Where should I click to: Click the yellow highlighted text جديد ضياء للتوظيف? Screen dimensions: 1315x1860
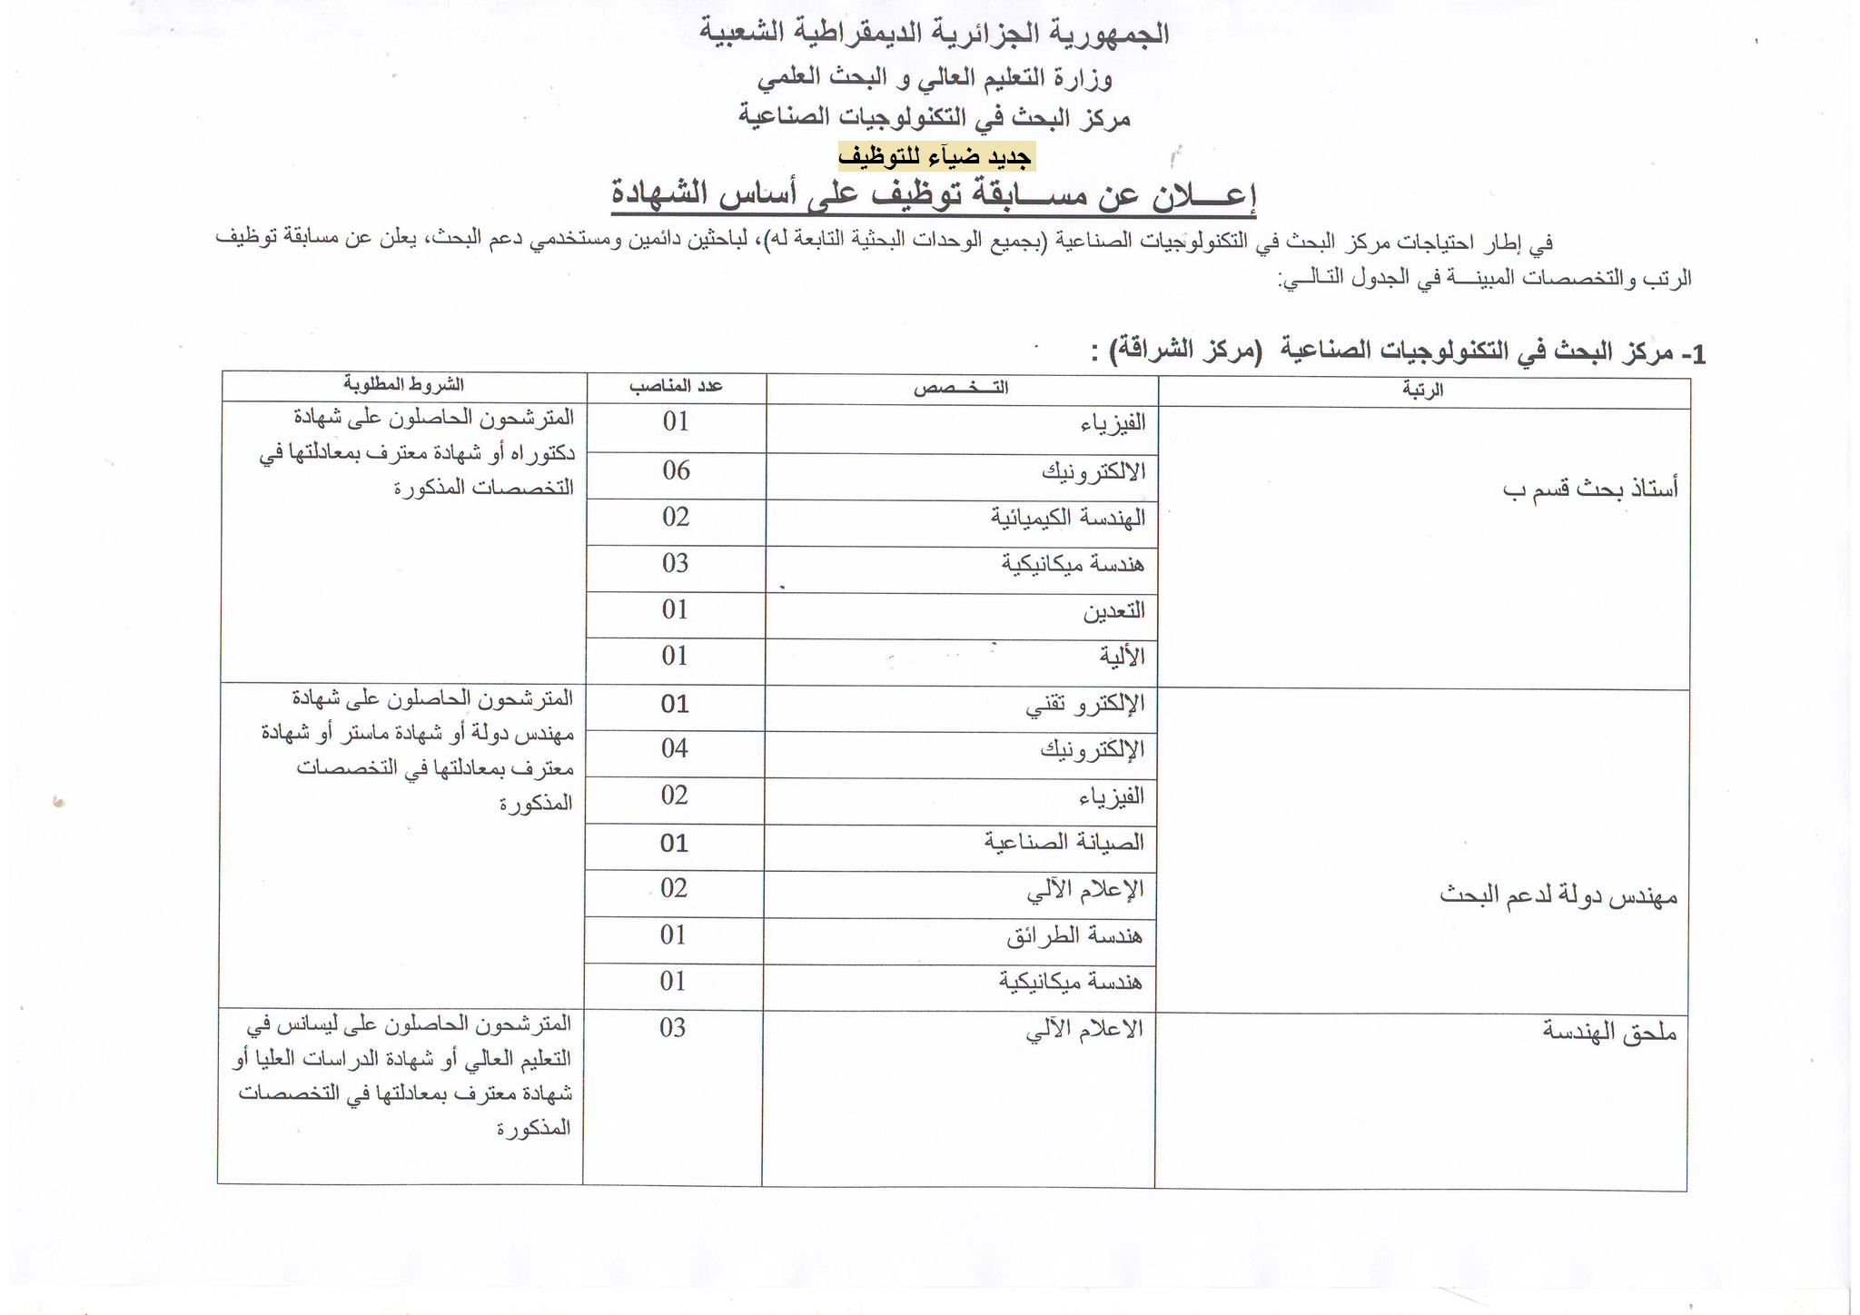pos(935,157)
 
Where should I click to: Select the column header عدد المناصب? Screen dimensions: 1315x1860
pos(676,386)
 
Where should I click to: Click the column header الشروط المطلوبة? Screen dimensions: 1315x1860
pos(403,385)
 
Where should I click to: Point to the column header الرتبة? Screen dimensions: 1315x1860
pos(1422,391)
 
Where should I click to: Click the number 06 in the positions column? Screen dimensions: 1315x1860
pos(676,470)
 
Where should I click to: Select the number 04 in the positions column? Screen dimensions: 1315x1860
pos(674,749)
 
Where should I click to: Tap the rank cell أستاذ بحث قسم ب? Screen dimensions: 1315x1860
pos(1589,490)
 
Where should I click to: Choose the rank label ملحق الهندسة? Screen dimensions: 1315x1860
pos(1608,1032)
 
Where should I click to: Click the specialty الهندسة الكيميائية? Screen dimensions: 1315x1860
pos(1067,519)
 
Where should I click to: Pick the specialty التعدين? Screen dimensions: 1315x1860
pos(1113,611)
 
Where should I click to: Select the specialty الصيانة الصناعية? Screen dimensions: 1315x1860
pos(1064,843)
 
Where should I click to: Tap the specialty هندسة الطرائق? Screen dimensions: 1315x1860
pos(1074,935)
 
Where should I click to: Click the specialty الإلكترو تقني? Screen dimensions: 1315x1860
pos(1084,704)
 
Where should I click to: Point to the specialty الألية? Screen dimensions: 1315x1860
pos(1122,657)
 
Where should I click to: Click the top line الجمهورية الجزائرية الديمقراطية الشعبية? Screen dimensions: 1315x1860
pos(934,35)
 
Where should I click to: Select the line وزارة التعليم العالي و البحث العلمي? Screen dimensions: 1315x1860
pos(935,79)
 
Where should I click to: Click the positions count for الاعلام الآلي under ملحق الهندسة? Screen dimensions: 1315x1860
pos(672,1028)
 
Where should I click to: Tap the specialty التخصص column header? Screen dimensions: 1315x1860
pos(961,389)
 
